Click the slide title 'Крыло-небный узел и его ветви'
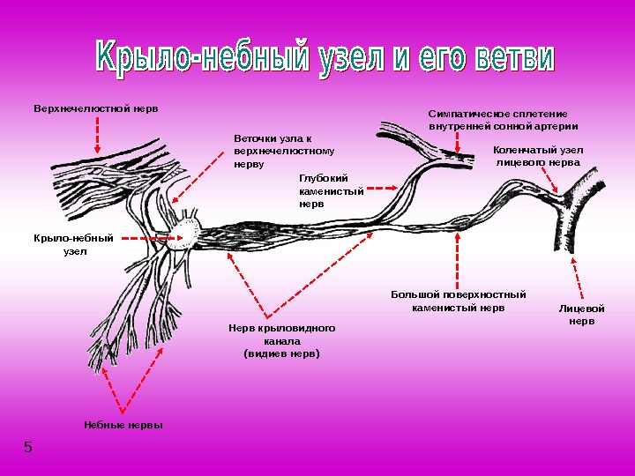click(325, 58)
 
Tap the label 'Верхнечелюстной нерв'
click(97, 109)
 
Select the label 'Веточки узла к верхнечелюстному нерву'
click(273, 152)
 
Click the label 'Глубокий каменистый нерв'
click(331, 190)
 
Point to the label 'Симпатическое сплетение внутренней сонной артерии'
click(503, 120)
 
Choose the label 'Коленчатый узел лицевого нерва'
click(538, 156)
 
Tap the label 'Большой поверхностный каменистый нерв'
click(459, 301)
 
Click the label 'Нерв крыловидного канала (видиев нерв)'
click(282, 340)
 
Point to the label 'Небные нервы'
click(123, 426)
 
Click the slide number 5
click(28, 447)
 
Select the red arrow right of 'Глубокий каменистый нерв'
click(381, 188)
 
